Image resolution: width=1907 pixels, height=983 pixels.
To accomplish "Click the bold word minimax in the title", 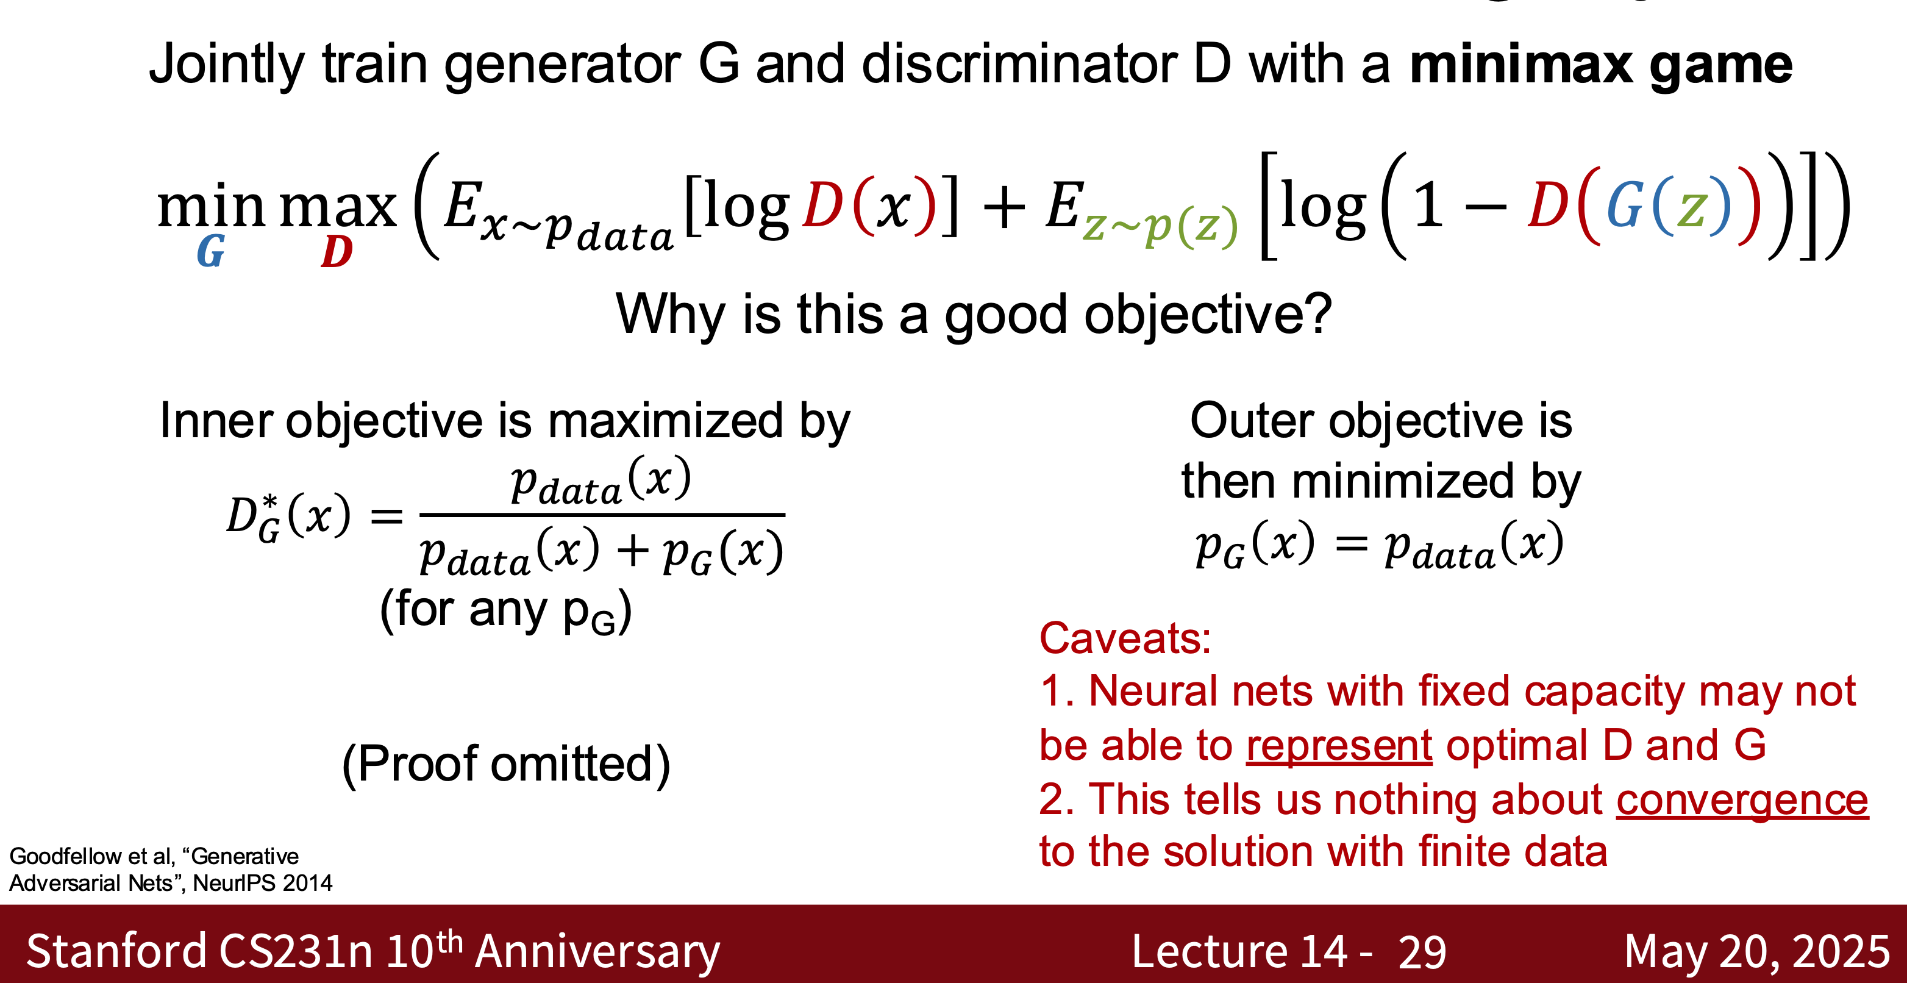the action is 1520,65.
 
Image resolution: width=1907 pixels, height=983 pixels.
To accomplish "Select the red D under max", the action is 337,252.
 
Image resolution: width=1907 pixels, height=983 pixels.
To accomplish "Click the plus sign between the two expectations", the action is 1004,207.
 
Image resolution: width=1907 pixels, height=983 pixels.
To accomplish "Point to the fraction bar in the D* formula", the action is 602,513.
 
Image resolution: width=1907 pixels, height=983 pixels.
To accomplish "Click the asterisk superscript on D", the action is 270,503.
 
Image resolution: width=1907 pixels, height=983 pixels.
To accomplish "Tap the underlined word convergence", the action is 1742,800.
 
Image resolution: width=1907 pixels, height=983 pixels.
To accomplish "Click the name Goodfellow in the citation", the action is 65,856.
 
